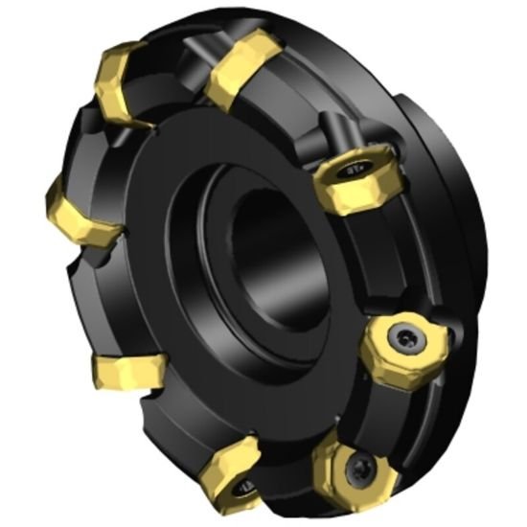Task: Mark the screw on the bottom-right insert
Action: coord(361,468)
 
